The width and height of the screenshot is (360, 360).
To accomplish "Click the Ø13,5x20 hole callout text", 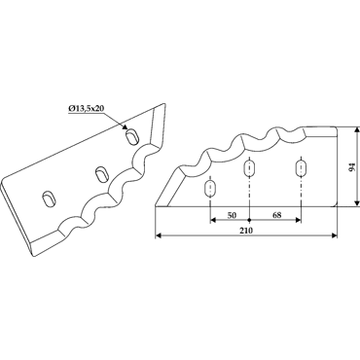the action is [x=86, y=109].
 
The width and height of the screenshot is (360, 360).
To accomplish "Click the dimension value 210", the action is [x=247, y=231].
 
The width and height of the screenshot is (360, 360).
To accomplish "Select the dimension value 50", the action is [x=232, y=215].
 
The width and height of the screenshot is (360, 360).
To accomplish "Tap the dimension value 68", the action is [x=276, y=215].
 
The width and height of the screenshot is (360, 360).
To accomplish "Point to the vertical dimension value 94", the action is [x=353, y=167].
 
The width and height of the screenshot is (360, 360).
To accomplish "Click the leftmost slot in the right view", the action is [x=210, y=189].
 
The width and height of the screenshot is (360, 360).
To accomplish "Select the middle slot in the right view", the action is [x=249, y=168].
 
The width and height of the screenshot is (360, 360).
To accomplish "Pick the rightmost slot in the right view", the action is [x=301, y=168].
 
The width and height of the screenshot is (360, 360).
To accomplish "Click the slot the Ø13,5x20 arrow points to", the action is [x=132, y=136].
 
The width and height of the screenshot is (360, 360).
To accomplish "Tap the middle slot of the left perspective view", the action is [x=102, y=173].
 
